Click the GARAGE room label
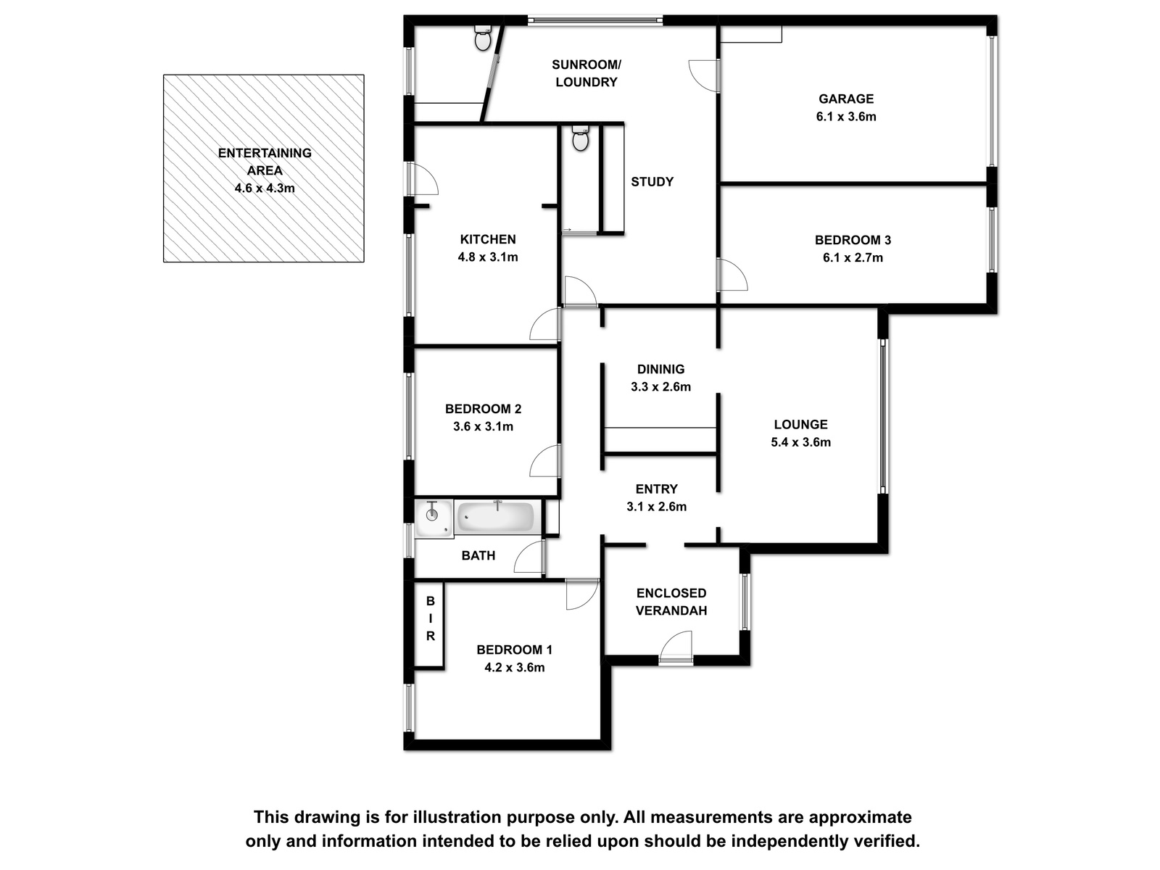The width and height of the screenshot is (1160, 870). click(845, 99)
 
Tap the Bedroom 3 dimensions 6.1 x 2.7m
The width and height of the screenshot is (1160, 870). click(853, 258)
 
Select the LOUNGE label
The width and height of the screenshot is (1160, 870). click(800, 424)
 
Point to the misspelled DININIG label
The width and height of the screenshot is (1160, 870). click(660, 369)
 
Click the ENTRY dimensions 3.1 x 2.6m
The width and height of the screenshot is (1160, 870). click(656, 507)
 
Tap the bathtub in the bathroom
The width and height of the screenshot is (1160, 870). click(495, 517)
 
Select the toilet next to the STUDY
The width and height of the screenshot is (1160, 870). click(580, 139)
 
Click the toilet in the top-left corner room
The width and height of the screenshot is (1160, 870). click(483, 38)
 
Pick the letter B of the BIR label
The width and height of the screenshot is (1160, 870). click(431, 601)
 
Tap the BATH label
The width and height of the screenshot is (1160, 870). click(478, 555)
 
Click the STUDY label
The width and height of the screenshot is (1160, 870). click(652, 182)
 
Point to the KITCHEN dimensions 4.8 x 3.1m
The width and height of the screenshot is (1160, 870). click(487, 257)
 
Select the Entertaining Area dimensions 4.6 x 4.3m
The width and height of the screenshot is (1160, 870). click(264, 188)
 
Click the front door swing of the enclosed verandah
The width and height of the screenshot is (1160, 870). click(676, 645)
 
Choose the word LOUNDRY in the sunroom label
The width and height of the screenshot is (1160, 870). click(587, 82)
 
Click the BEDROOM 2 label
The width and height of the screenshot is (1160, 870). click(483, 409)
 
